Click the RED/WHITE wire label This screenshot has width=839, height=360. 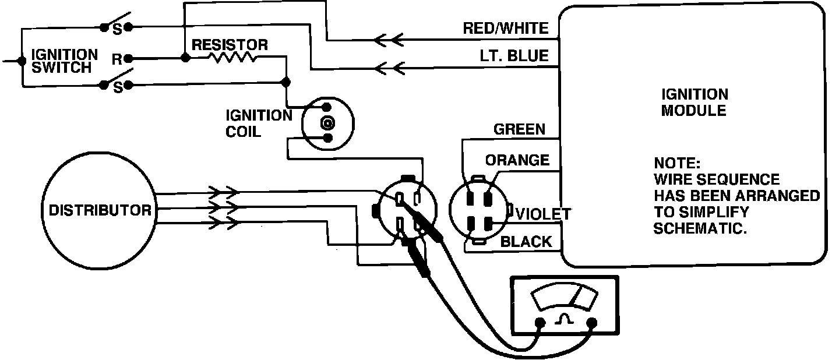click(x=506, y=29)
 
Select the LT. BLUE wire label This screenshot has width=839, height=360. click(x=514, y=56)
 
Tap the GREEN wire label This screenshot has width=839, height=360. click(x=520, y=129)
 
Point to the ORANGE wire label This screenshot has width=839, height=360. click(x=517, y=160)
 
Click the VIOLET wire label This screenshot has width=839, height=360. click(x=544, y=214)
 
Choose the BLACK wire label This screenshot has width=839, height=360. click(x=526, y=242)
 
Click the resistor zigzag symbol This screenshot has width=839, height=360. click(x=233, y=58)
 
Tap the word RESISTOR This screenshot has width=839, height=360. click(x=230, y=45)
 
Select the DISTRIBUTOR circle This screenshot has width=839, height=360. click(x=99, y=210)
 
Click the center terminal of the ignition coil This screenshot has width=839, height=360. click(x=327, y=123)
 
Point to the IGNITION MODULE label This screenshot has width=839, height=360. click(x=695, y=103)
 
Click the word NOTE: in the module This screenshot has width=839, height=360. click(x=677, y=163)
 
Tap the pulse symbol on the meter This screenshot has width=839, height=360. click(x=564, y=319)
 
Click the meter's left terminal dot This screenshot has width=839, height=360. click(x=540, y=322)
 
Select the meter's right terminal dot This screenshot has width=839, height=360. click(x=592, y=322)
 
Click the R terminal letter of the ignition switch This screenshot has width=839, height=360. click(x=117, y=59)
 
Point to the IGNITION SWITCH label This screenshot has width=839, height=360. click(x=65, y=61)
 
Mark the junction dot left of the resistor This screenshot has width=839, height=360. click(x=185, y=58)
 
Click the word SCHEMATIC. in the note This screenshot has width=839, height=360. click(x=700, y=228)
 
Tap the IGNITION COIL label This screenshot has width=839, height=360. click(x=259, y=123)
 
